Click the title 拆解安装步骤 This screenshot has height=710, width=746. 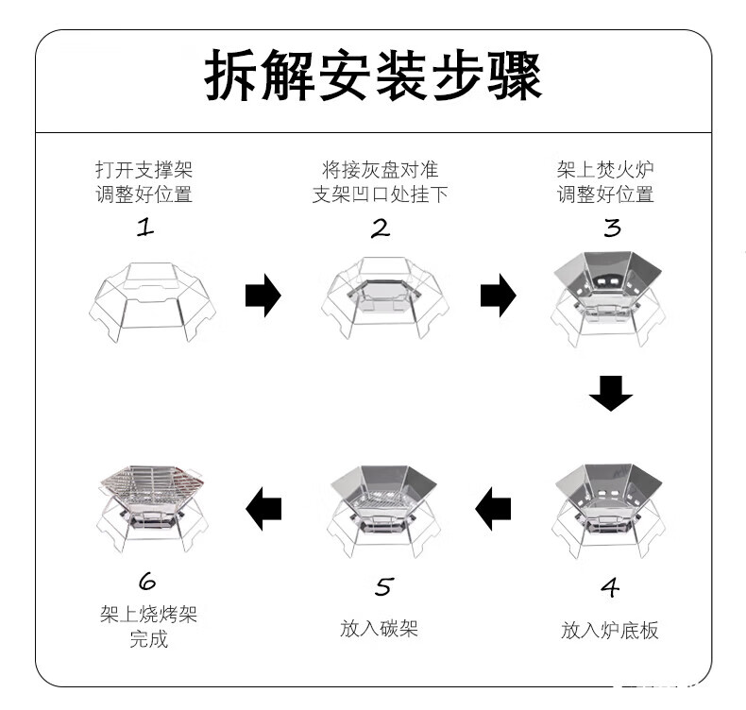[x=373, y=76]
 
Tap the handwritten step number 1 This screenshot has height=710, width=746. [x=145, y=228]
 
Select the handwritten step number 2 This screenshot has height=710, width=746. [x=381, y=228]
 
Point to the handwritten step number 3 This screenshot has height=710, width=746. [x=612, y=228]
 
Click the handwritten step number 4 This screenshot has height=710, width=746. [x=610, y=587]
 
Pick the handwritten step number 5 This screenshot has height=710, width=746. [x=384, y=586]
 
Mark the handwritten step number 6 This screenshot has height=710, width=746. [x=147, y=581]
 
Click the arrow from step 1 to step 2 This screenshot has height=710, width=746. [x=263, y=296]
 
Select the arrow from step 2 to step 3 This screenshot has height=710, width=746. [x=499, y=296]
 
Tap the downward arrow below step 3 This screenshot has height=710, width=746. [x=611, y=394]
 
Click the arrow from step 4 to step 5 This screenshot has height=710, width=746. [x=493, y=509]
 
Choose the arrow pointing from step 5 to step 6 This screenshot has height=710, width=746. [x=263, y=509]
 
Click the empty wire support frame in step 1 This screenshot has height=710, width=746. [x=152, y=302]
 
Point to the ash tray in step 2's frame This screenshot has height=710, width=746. [x=384, y=295]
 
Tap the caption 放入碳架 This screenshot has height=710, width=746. [x=380, y=628]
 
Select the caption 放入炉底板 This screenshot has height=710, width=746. [x=609, y=630]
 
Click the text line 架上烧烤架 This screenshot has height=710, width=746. [x=148, y=614]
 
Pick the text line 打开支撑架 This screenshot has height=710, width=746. [x=144, y=169]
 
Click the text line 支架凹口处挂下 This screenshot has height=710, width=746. [x=381, y=194]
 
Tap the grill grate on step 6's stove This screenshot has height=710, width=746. [x=152, y=478]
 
